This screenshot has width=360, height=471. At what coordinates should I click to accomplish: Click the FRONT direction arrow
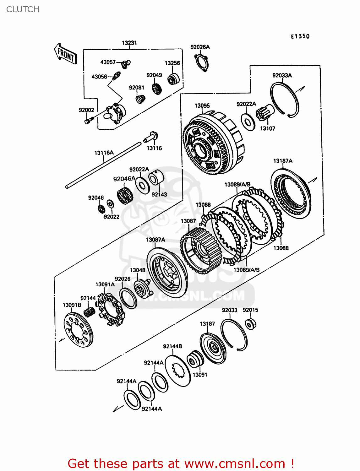point(66,54)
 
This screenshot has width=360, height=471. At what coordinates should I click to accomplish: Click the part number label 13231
point(129,43)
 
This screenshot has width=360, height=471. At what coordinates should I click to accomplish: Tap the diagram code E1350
point(300,36)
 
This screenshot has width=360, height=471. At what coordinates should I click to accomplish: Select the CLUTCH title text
point(23,9)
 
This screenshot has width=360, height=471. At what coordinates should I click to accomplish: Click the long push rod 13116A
point(104,165)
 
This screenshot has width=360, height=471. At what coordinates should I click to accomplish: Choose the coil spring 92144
point(90,312)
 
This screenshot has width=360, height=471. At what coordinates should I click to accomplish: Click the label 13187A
point(283,161)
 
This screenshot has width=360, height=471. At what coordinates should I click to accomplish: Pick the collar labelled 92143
point(156,178)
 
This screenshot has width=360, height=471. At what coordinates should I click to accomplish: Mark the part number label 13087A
point(155,240)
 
